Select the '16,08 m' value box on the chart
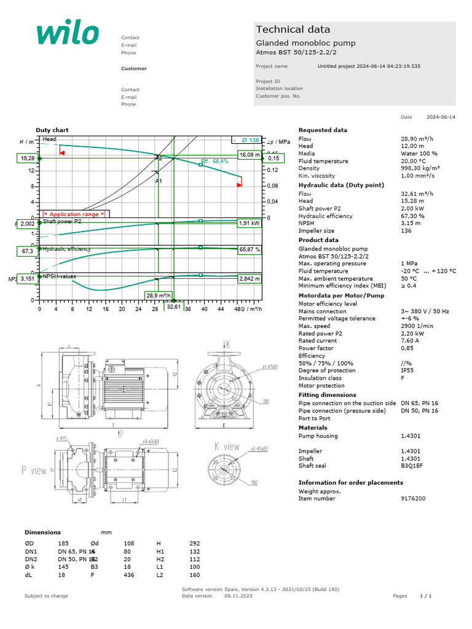coord(250,155)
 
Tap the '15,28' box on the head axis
coord(28,158)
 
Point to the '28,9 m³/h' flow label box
coord(159,295)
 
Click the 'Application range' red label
coord(74,214)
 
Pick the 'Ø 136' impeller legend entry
coord(247,140)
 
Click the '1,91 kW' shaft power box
coord(250,224)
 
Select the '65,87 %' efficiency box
coord(250,250)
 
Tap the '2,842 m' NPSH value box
coord(250,278)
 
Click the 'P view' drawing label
coord(34,470)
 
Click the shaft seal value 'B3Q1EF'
coord(412,466)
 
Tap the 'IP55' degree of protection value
coord(407,370)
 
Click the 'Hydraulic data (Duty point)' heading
coord(341,185)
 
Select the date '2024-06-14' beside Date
coord(441,117)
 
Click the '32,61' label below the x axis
coord(174,307)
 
